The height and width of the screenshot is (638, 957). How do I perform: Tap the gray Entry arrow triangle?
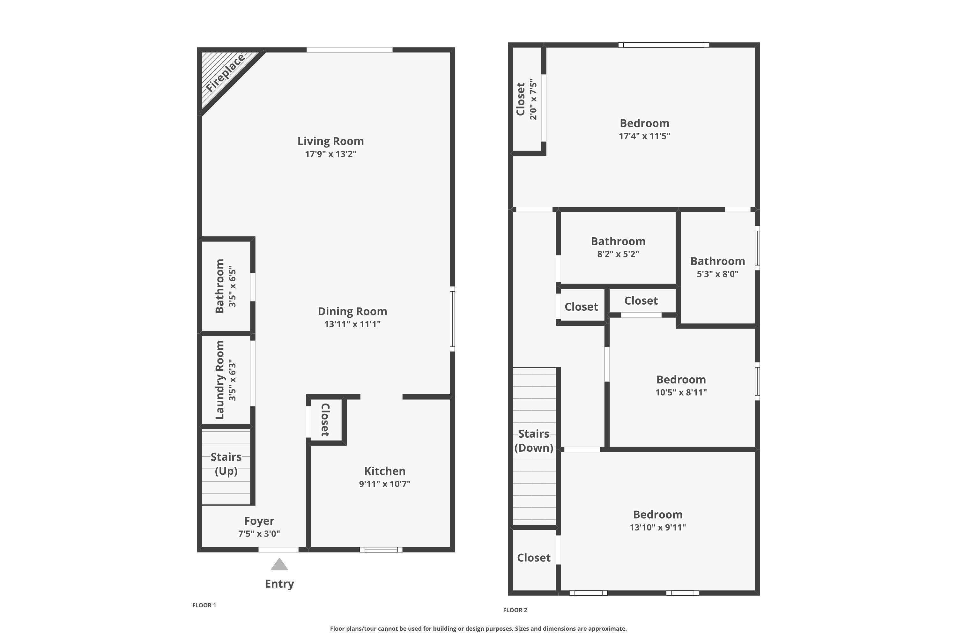pos(279,565)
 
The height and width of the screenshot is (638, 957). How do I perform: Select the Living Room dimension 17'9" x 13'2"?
pos(330,154)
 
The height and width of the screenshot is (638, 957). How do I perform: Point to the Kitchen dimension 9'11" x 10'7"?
pos(384,484)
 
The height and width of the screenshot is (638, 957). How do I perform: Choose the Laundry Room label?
pos(220,380)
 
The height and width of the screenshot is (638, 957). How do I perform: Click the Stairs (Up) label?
pos(226,464)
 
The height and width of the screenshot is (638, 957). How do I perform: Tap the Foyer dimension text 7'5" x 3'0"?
pos(259,533)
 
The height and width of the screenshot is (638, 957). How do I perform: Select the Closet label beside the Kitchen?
pos(325,419)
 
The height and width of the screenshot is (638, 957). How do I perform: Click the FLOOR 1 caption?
pos(204,605)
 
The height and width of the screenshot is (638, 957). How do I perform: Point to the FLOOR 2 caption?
pos(515,610)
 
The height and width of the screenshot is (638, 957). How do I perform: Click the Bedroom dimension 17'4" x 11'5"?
pos(644,136)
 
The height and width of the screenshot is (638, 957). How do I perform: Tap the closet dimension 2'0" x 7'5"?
pos(533,100)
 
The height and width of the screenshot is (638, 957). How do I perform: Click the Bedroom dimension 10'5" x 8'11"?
pos(681,392)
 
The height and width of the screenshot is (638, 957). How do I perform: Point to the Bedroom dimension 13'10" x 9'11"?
pos(657,527)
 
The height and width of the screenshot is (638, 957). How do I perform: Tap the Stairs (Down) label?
pos(533,441)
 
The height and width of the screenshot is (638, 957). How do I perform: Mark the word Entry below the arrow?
pos(279,583)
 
